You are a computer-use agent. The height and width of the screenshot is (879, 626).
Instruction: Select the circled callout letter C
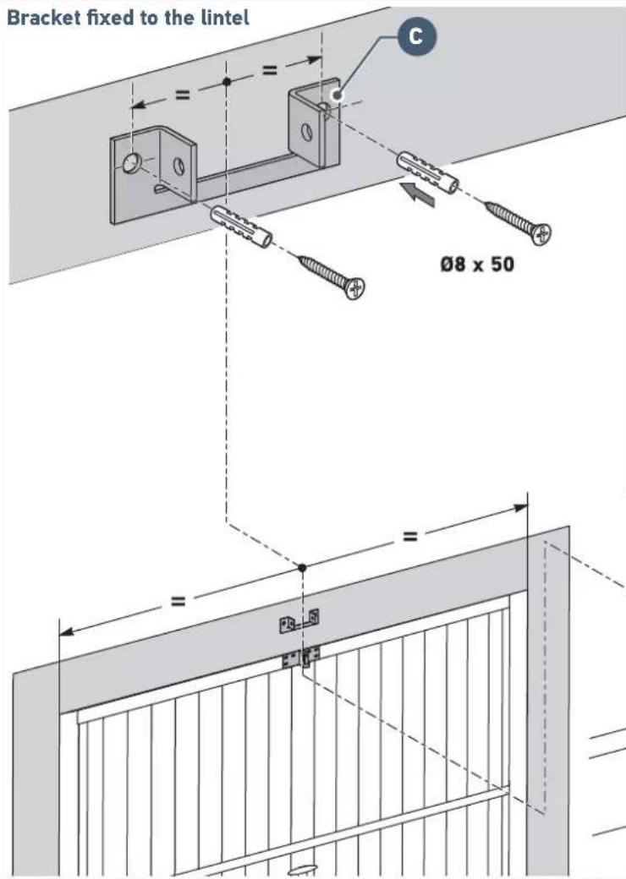pos(415,36)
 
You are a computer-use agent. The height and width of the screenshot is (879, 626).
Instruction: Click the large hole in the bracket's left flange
pos(132,162)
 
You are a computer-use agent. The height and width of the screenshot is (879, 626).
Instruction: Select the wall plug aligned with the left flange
pos(241,226)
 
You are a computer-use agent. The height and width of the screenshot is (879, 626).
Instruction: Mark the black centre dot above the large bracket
pos(226,82)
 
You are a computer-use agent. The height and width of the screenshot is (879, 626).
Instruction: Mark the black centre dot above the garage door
pos(302,566)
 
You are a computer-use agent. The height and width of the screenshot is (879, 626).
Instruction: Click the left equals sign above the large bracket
pos(182,95)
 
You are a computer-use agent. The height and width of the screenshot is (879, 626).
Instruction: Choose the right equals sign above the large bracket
pos(269,71)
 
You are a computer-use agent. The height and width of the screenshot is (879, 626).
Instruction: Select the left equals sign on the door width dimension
pos(178,602)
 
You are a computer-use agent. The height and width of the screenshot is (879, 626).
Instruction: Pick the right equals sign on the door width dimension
pos(409,536)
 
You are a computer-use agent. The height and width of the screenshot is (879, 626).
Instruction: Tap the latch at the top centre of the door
pos(301,657)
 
